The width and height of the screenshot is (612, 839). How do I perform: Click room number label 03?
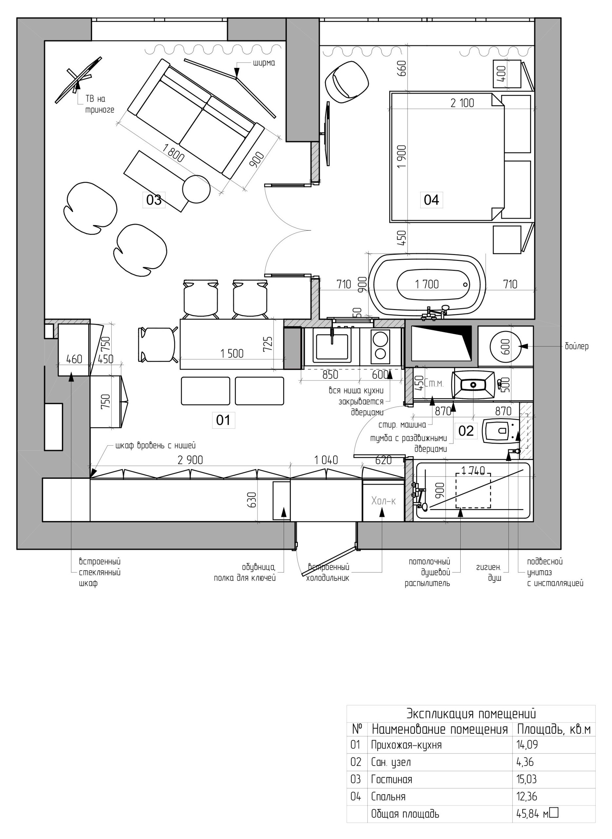click(154, 200)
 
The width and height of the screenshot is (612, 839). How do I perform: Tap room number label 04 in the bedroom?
click(431, 200)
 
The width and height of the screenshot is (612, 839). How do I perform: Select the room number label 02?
click(466, 431)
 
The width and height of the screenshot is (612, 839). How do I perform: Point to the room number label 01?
click(223, 420)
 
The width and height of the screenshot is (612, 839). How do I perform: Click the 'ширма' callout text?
click(264, 63)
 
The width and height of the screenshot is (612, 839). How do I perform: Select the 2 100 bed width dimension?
click(462, 103)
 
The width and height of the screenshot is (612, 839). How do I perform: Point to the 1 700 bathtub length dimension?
click(427, 284)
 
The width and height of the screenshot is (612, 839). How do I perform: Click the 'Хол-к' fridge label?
click(383, 501)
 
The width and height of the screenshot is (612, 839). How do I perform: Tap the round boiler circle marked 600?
click(506, 346)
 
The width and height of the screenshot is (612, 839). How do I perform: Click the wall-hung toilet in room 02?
click(501, 431)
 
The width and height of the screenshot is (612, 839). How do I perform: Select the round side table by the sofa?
click(196, 189)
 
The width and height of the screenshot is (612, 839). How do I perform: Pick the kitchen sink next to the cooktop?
click(332, 346)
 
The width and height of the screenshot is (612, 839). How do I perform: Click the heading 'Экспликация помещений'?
click(471, 713)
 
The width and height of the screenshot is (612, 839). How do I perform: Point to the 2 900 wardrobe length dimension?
click(190, 460)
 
